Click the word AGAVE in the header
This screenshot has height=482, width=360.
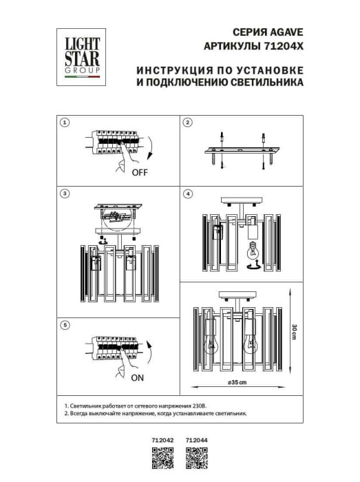286,32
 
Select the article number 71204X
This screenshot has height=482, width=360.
282,46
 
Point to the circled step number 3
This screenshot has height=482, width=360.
64,194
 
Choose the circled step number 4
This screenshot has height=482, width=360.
186,194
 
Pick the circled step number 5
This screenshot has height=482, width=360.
64,324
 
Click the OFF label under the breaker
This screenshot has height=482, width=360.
140,173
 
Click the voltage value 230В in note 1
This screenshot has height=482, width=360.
196,407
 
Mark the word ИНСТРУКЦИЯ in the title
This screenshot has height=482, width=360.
169,70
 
